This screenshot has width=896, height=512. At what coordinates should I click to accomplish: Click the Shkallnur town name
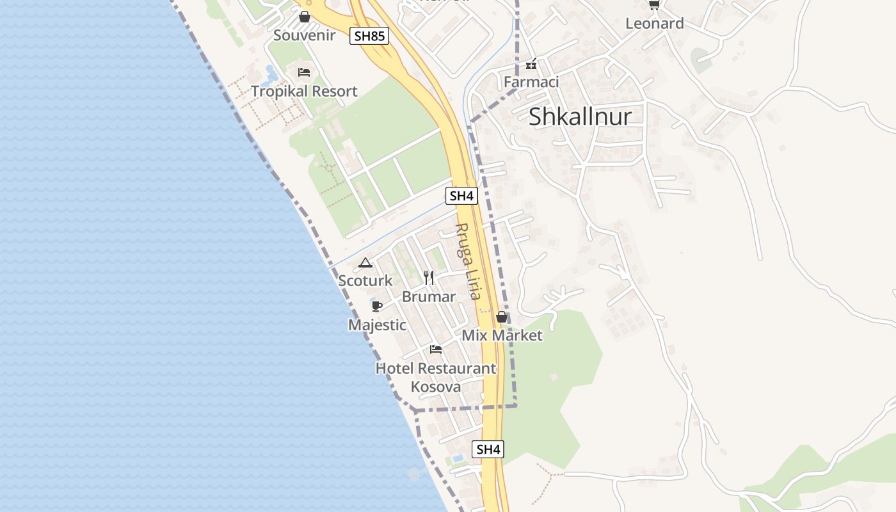point(580,116)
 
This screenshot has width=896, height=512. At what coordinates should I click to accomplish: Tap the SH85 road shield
point(369,36)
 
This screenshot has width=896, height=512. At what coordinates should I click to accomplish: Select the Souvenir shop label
point(304,35)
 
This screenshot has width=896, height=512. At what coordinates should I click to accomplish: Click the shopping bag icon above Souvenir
point(305,17)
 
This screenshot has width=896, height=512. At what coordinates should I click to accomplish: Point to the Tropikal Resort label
point(304,91)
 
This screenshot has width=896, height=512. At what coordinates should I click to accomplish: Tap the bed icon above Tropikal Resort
point(304,72)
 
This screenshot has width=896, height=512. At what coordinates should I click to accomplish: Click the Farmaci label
point(531,82)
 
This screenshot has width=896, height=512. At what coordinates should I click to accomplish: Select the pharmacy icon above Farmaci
point(531,64)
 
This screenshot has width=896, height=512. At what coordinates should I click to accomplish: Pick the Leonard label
point(654,24)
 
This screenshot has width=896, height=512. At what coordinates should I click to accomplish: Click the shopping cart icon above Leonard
point(653,5)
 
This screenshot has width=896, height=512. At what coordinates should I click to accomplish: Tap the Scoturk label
point(365,280)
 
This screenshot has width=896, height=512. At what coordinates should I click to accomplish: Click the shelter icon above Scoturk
point(365,262)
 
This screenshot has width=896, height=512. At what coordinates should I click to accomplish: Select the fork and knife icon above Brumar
point(429,278)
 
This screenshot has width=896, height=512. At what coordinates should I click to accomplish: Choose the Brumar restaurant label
point(429,297)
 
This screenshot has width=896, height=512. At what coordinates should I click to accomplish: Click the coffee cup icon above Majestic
point(376,306)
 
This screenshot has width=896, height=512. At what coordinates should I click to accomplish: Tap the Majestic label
point(377,325)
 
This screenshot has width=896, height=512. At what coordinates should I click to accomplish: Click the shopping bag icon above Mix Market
point(502,317)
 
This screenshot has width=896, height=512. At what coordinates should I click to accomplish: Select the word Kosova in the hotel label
point(435,387)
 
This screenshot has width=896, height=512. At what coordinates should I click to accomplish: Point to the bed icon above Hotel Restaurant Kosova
point(436,349)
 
